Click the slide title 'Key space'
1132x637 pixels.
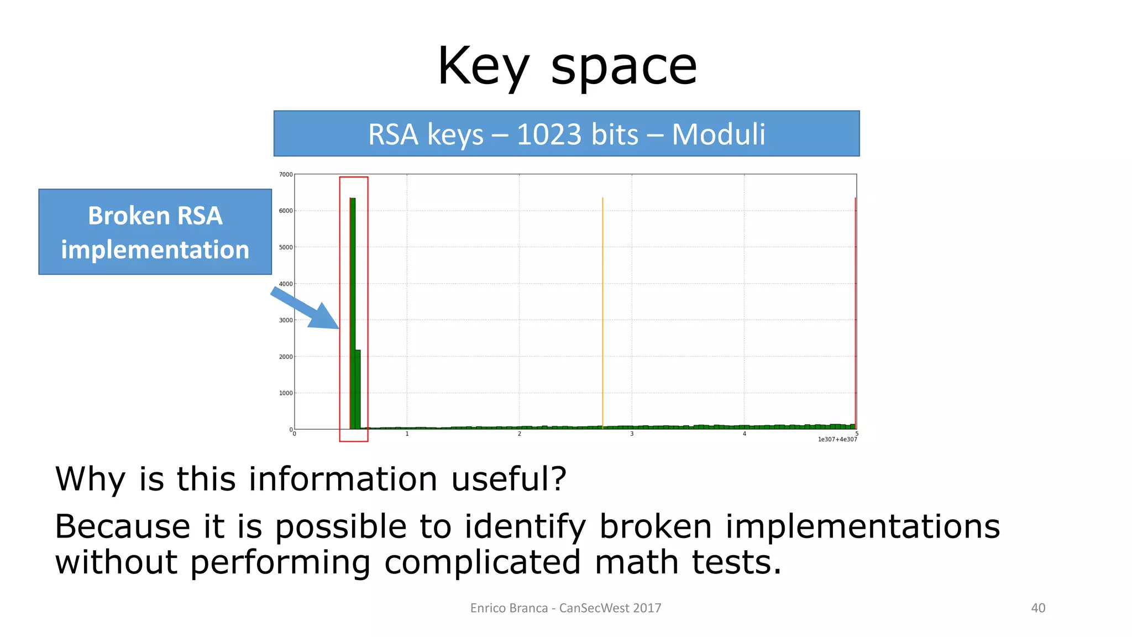click(567, 66)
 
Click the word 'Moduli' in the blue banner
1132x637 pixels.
click(718, 134)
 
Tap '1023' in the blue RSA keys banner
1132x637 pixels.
click(549, 134)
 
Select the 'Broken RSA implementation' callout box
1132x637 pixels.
click(155, 232)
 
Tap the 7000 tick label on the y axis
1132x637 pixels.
click(286, 175)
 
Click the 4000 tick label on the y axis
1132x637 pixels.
click(286, 284)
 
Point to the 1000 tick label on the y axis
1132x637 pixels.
click(286, 393)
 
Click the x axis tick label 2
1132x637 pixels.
click(519, 434)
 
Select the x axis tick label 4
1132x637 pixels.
click(744, 434)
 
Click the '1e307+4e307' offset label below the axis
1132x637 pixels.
click(837, 440)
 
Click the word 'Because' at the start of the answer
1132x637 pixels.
click(122, 526)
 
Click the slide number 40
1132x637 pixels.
click(1038, 608)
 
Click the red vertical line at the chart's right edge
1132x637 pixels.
click(855, 312)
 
